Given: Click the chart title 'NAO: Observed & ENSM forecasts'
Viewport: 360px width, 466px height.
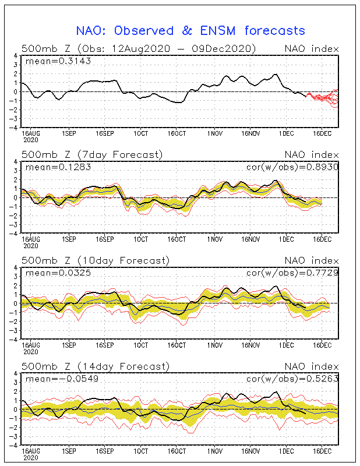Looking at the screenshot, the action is pos(190,31).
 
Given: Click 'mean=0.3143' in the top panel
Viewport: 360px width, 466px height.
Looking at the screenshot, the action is pos(58,61).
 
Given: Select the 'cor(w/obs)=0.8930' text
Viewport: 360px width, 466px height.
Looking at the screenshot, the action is pos(292,167).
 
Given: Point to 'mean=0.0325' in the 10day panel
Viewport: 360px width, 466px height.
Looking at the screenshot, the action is pos(58,273).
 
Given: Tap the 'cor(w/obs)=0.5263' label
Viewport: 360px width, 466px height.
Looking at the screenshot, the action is pos(292,379).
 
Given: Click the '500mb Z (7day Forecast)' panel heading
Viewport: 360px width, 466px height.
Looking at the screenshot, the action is pos(92,154).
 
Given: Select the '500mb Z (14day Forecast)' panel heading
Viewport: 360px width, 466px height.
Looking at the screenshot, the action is pos(96,366).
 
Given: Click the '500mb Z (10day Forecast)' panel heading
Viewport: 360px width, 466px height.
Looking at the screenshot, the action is pos(96,260).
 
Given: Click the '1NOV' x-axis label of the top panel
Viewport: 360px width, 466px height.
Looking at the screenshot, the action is pos(214,133).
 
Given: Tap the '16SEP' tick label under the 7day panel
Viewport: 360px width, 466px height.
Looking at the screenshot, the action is pos(105,239).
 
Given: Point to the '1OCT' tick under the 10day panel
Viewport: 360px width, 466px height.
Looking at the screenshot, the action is pos(140,345).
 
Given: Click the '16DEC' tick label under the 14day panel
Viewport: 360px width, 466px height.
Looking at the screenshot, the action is pos(322,451).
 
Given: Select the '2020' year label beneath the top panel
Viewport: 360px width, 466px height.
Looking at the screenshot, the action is pos(31,140).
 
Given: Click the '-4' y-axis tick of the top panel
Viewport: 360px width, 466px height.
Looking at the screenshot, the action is pos(15,128).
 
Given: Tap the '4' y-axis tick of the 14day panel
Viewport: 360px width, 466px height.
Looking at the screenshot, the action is pos(17,373).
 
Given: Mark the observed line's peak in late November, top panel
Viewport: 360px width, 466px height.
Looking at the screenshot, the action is pos(276,74).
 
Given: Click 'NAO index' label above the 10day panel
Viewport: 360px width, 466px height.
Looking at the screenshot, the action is pos(312,260).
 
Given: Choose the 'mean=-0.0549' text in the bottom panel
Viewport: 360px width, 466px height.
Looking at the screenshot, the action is pos(62,379).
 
